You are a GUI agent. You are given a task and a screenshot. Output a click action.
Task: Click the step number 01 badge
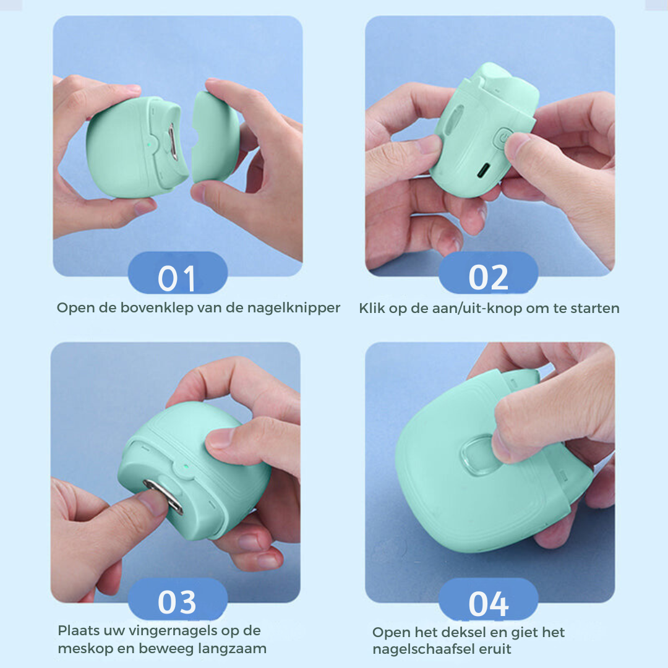[x=178, y=273]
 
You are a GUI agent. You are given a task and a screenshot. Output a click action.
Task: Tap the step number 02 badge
[x=488, y=273]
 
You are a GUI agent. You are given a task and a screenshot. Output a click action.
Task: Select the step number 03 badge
[x=178, y=599]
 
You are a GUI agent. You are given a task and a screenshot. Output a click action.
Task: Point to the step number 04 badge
[x=488, y=599]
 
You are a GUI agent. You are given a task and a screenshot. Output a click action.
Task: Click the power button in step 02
[x=503, y=138]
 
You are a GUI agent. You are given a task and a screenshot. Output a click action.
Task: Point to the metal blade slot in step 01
[x=173, y=142]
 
